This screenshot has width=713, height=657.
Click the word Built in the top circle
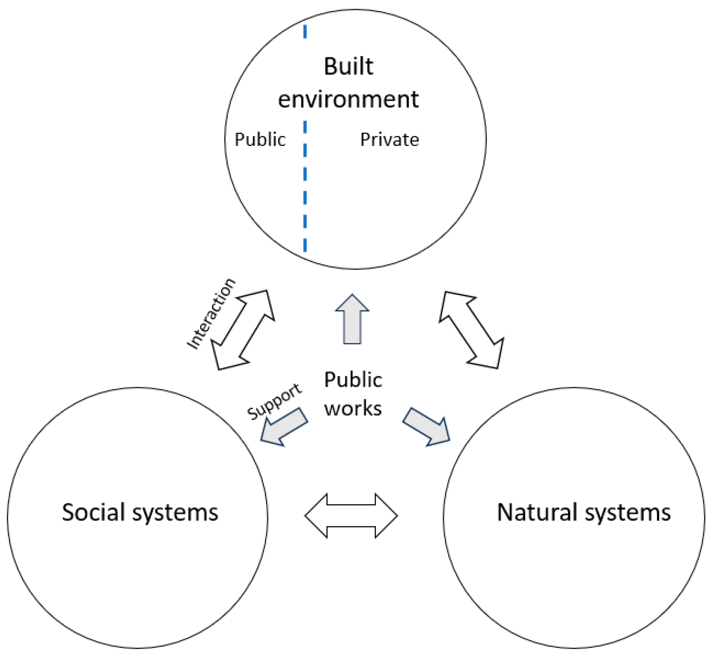point(348,66)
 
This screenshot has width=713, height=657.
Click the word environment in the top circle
point(348,99)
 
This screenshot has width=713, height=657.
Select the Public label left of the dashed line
point(260,139)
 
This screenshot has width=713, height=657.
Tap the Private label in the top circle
point(389,139)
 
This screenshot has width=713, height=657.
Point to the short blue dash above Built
point(305,31)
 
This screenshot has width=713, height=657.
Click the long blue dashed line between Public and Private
point(305,185)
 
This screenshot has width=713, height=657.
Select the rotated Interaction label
point(211,313)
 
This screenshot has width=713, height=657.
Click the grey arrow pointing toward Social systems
point(284,427)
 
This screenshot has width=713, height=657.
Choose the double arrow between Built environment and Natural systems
point(471,330)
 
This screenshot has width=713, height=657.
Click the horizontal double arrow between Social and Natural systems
point(351,515)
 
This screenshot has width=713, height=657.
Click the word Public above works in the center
point(353,380)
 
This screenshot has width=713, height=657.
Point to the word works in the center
point(353,408)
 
